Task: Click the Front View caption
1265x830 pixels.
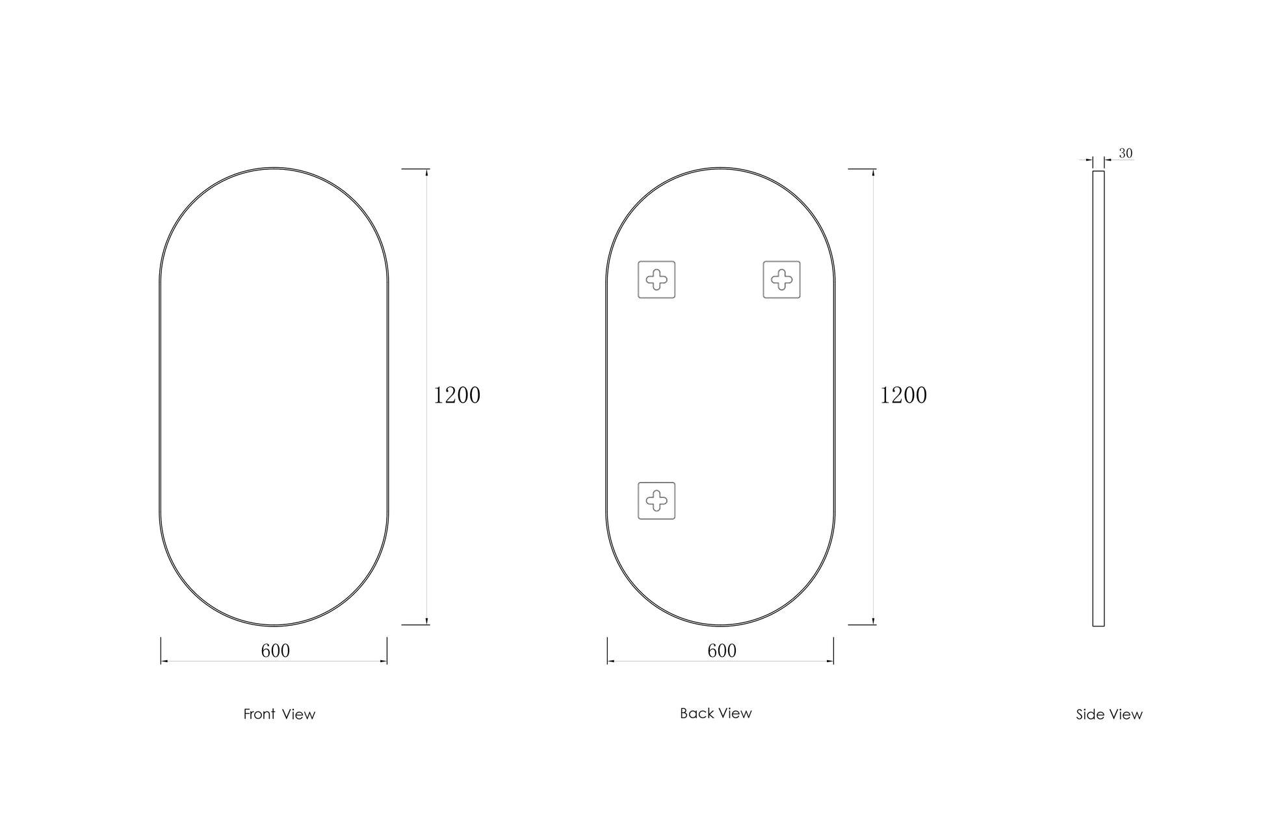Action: (x=280, y=714)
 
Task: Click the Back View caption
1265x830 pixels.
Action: (x=716, y=714)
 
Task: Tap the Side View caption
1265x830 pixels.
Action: (x=1109, y=715)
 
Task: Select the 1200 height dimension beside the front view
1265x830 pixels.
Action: (x=457, y=395)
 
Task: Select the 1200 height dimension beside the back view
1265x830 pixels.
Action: (x=904, y=395)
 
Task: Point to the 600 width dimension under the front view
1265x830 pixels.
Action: (x=276, y=651)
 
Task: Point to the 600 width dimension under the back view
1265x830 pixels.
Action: (x=722, y=651)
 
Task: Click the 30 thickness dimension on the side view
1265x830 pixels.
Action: (x=1125, y=154)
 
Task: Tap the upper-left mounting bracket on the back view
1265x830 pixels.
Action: (x=657, y=280)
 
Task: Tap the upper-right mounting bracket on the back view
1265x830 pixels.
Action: (x=781, y=280)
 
